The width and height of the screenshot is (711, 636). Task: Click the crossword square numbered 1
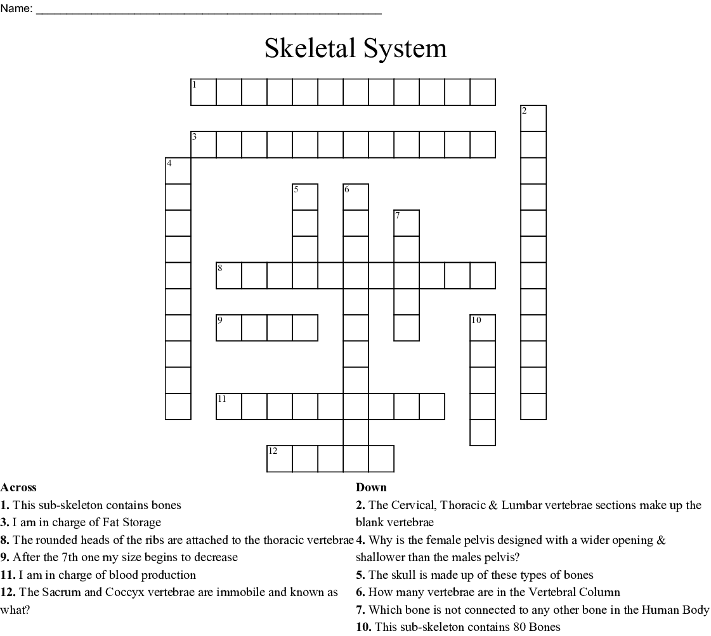(x=204, y=92)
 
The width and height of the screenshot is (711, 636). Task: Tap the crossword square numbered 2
(x=533, y=118)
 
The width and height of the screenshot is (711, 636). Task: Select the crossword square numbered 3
(x=204, y=144)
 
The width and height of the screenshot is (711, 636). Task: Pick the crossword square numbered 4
(x=178, y=171)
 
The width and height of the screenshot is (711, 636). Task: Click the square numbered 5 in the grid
(x=305, y=197)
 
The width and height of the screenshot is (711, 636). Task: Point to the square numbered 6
(x=356, y=197)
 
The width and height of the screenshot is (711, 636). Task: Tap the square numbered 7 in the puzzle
(x=407, y=223)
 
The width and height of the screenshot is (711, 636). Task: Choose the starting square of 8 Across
(x=229, y=275)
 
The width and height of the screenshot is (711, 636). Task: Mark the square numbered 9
(x=229, y=328)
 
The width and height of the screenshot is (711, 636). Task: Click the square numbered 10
(x=483, y=328)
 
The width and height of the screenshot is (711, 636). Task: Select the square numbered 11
(x=229, y=407)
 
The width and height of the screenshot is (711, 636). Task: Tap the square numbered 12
(x=280, y=459)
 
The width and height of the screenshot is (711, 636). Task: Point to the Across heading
(x=18, y=487)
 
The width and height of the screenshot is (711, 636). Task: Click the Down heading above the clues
(x=371, y=487)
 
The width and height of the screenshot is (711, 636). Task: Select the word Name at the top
(x=15, y=9)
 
